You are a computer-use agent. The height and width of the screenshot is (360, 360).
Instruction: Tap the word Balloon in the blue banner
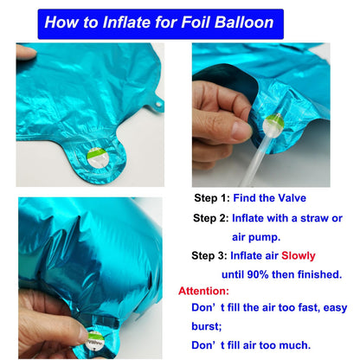(244, 22)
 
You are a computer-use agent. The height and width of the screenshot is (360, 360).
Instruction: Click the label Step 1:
(212, 198)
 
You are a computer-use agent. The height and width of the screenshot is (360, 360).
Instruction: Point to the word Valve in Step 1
(292, 198)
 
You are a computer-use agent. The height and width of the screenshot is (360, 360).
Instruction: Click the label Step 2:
(211, 218)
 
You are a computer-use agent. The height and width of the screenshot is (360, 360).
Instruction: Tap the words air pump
(256, 237)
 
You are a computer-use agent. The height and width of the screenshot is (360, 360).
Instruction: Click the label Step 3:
(209, 255)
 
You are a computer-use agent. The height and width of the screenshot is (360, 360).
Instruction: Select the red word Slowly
(299, 256)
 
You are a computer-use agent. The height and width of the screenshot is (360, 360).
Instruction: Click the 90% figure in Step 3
(258, 274)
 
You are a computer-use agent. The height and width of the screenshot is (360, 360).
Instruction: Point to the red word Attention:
(203, 291)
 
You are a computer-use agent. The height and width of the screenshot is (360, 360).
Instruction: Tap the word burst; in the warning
(207, 326)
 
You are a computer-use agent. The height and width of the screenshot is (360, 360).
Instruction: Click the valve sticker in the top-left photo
(98, 157)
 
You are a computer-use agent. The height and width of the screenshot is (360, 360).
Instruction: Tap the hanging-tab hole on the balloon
(158, 104)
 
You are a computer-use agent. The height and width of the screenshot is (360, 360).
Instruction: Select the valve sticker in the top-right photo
(273, 125)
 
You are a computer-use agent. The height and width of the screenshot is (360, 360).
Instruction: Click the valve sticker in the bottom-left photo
(95, 340)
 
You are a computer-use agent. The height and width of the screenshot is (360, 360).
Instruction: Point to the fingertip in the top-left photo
(26, 53)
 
